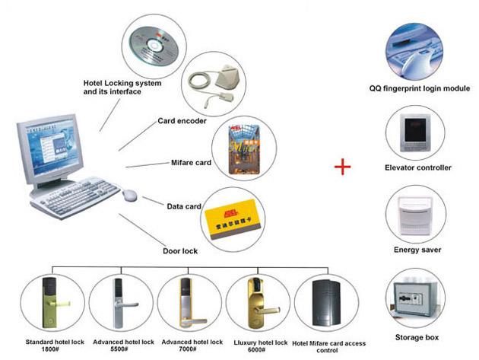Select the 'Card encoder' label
pyautogui.click(x=182, y=121)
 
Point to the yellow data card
pyautogui.click(x=233, y=220)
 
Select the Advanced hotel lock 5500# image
pyautogui.click(x=117, y=304)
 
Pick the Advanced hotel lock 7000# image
pyautogui.click(x=184, y=304)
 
